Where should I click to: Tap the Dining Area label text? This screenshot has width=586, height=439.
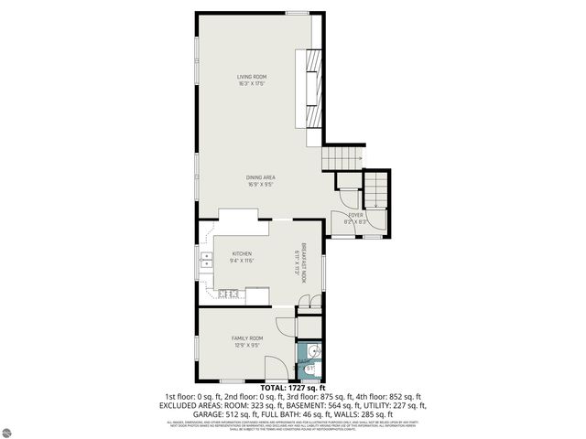[261, 177]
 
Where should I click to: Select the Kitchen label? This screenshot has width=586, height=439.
[242, 253]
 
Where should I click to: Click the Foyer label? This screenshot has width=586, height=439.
[355, 215]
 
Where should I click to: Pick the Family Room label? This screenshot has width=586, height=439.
[247, 338]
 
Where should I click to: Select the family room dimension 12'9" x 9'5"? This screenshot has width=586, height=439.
[247, 346]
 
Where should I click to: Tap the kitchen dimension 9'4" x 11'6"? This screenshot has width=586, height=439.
[242, 261]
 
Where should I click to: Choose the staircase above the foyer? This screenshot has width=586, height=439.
[377, 191]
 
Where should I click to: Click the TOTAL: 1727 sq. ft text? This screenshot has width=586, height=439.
[292, 388]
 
